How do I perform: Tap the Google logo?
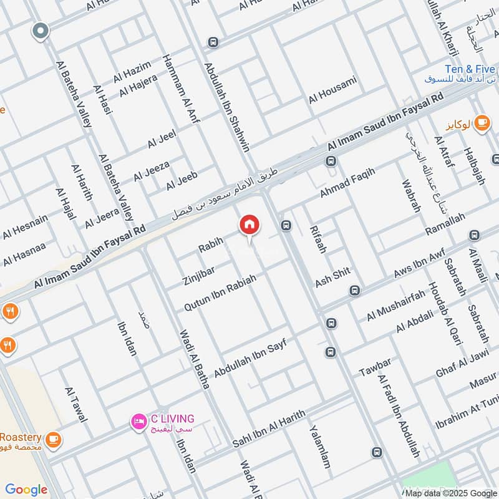pyautogui.click(x=26, y=490)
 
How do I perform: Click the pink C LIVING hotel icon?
pyautogui.click(x=137, y=422)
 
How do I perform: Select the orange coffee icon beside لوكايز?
pyautogui.click(x=482, y=124)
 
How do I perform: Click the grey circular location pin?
pyautogui.click(x=41, y=31)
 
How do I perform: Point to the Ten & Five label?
pyautogui.click(x=470, y=69)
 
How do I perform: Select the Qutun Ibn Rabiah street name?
pyautogui.click(x=220, y=293)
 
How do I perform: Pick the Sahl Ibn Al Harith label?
pyautogui.click(x=269, y=428)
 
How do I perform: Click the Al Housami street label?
pyautogui.click(x=332, y=90)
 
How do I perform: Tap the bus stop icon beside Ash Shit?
pyautogui.click(x=355, y=291)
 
